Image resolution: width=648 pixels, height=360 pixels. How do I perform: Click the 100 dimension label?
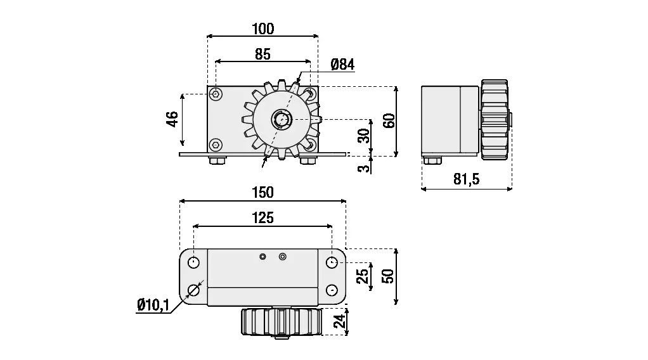pos(262,29)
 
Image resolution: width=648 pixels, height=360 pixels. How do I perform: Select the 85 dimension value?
pos(262,55)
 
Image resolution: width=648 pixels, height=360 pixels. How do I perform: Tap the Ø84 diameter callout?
pos(342,64)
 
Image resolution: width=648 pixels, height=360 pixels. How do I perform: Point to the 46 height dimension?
pos(172,119)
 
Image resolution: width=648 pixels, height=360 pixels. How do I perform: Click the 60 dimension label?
pos(389,120)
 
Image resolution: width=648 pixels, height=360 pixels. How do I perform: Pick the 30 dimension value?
pos(363,136)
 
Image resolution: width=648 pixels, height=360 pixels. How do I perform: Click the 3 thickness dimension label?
pos(363,168)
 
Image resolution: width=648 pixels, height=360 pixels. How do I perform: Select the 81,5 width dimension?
pos(467,179)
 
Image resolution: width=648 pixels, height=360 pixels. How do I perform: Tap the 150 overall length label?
pos(262,192)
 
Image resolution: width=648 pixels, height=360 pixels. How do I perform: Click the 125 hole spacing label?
pos(262,218)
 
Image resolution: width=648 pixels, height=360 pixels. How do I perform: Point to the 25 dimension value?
pos(362,276)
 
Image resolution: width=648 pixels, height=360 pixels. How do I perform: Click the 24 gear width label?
pos(340,321)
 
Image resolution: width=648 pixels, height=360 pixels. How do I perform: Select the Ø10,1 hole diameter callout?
pos(153,305)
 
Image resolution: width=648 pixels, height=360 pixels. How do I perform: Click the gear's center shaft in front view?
pos(280,119)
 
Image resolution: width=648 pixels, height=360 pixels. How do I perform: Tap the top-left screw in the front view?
pos(217,94)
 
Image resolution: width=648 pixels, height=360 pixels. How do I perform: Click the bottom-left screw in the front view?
pos(217,145)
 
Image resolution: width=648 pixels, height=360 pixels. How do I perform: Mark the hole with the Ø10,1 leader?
pos(194,290)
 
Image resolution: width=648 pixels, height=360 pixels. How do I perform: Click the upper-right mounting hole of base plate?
pos(332,262)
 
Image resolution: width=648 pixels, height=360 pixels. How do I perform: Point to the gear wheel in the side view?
pos(495,120)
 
